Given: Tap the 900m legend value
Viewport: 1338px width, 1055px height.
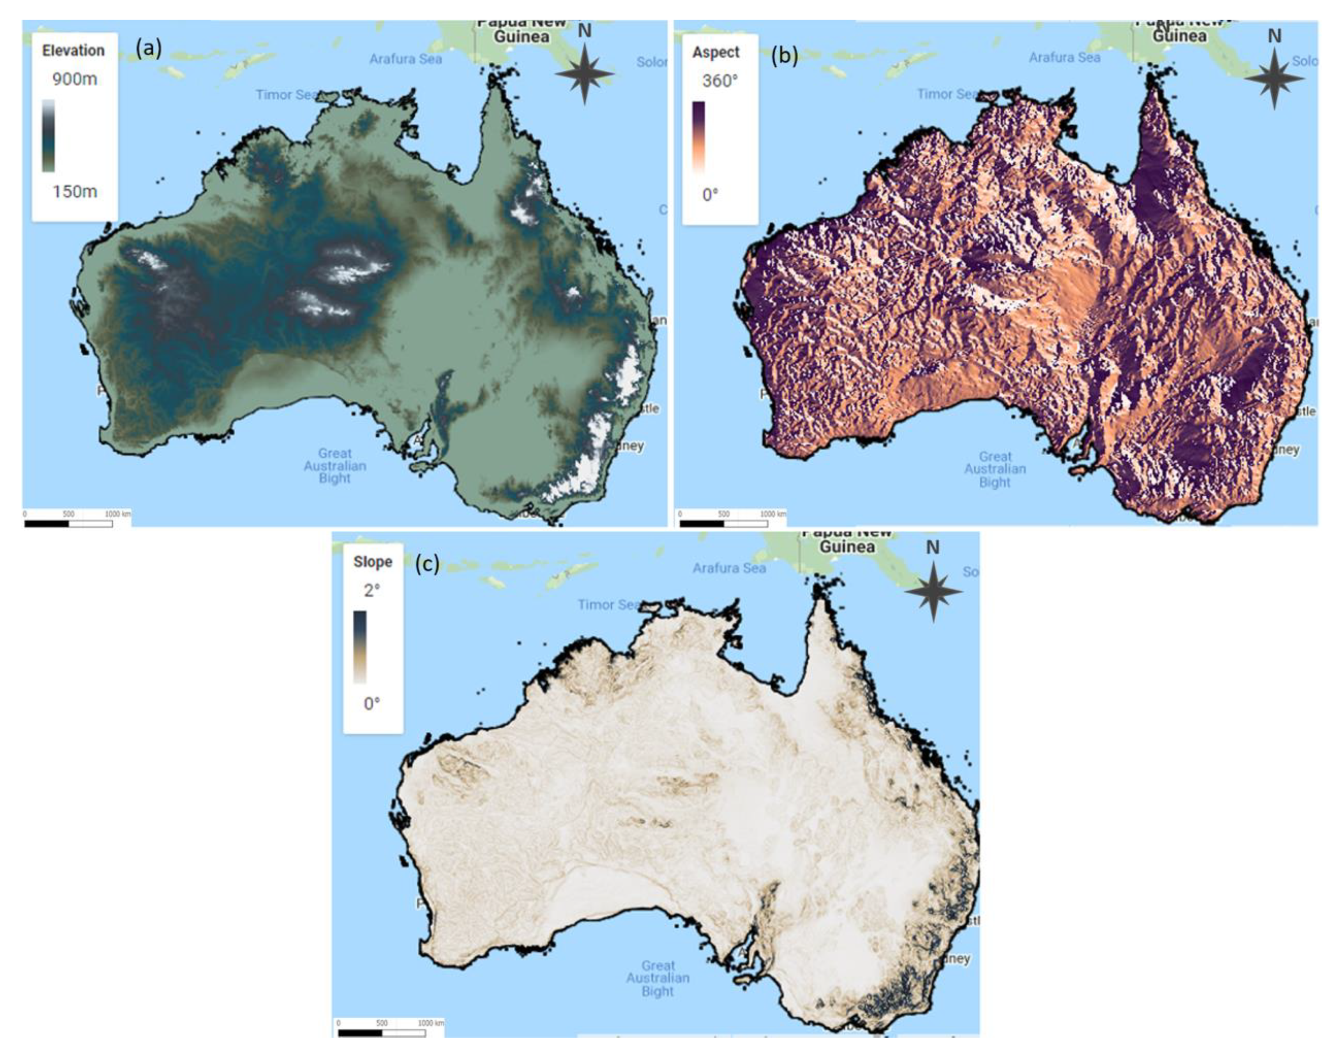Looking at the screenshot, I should point(74,79).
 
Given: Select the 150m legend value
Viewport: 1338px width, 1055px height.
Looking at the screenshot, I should point(74,191).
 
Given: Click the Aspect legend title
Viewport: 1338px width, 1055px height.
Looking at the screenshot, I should point(716,52).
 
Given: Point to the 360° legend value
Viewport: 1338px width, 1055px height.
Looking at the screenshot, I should point(720,81).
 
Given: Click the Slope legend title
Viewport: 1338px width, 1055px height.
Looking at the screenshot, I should point(372,562).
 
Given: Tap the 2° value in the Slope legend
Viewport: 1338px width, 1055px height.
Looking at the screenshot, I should point(372,591).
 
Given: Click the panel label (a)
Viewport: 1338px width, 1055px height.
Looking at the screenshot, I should point(149,48).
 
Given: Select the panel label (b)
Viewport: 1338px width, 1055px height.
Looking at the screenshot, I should point(784,55).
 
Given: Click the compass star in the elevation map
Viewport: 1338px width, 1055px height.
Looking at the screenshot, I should point(585,73).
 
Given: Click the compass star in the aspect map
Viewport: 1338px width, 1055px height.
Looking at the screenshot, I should point(1274,79).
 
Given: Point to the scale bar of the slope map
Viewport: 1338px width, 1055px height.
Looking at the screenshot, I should point(382,1033).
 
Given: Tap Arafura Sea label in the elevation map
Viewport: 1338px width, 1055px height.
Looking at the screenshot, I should point(405,59).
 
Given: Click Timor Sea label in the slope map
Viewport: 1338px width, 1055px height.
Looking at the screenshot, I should point(608,604).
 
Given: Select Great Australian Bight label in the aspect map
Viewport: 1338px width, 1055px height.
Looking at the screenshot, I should point(994,469).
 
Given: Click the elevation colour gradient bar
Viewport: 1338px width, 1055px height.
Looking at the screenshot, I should point(48,135).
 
